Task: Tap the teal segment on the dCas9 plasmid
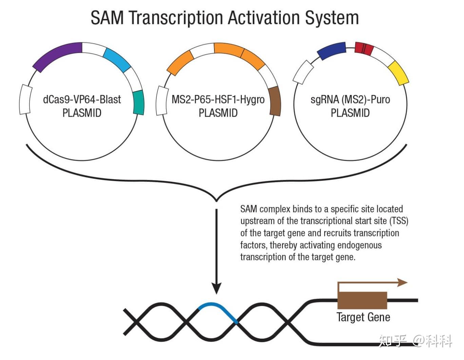click(x=139, y=103)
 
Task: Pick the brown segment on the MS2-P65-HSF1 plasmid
click(x=275, y=101)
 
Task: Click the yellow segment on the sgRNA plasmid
click(x=398, y=73)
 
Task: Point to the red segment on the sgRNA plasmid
click(x=364, y=49)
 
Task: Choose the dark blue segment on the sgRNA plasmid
click(x=332, y=51)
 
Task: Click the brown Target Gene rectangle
click(x=362, y=300)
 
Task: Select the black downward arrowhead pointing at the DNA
click(x=216, y=288)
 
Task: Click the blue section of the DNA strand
click(x=218, y=310)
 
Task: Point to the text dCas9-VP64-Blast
click(x=82, y=99)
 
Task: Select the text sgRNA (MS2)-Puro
click(x=350, y=100)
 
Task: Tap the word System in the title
click(x=332, y=18)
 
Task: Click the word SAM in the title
click(x=107, y=18)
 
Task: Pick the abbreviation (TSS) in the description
click(x=399, y=221)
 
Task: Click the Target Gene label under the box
click(x=363, y=317)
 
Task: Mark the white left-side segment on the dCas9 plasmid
click(x=26, y=99)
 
